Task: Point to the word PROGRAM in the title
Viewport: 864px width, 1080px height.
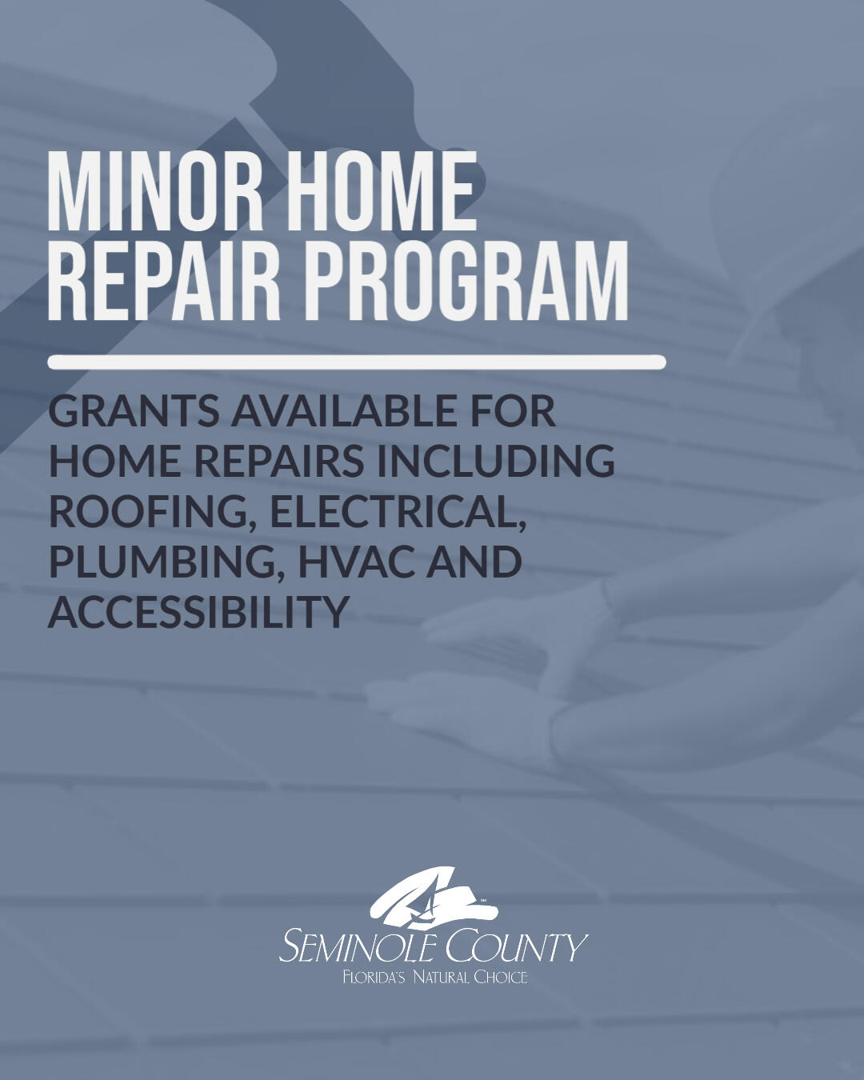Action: pos(468,282)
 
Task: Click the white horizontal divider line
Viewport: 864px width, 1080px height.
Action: pos(356,362)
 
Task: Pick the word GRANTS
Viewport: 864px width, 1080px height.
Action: pos(134,411)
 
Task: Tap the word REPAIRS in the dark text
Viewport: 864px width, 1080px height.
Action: pos(279,462)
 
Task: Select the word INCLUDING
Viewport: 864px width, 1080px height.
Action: pos(495,462)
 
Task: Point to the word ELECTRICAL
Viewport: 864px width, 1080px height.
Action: pos(398,512)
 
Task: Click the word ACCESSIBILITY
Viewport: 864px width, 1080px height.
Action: pos(199,612)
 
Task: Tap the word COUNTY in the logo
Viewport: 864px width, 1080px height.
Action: pos(516,947)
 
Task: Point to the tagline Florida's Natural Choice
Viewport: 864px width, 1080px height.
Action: pos(434,978)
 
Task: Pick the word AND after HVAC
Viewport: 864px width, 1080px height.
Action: pos(474,562)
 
